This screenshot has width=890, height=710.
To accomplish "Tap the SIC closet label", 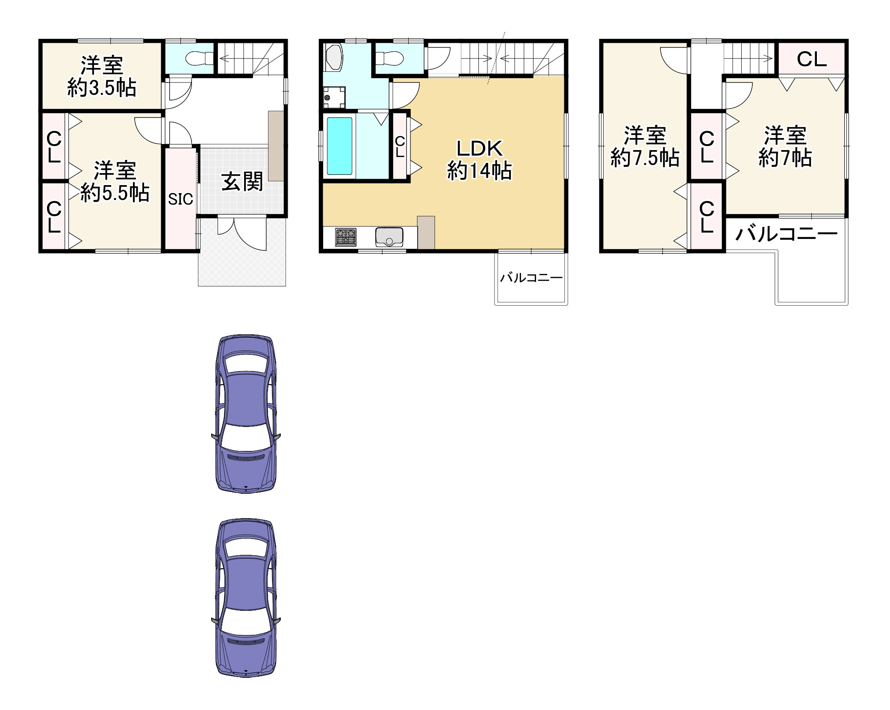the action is (x=180, y=199).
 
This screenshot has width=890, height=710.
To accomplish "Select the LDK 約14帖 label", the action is (x=479, y=160).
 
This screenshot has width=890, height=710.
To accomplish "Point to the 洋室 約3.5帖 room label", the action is (x=102, y=77).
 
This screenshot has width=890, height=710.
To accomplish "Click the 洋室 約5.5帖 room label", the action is (x=115, y=181).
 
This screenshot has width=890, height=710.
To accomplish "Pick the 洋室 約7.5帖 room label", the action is (x=645, y=147).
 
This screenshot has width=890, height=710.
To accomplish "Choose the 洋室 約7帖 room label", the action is (x=785, y=147).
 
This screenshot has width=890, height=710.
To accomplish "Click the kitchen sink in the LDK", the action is (x=389, y=237).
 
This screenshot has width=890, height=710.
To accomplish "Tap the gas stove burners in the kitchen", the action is (x=346, y=237).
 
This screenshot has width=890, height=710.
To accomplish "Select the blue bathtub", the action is (x=340, y=146).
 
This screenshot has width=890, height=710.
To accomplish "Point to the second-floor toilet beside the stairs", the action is (x=389, y=57).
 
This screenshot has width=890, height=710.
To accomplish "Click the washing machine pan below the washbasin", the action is (x=334, y=97).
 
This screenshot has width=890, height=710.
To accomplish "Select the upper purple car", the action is (x=246, y=414).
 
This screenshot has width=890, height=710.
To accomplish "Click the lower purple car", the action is (x=246, y=598).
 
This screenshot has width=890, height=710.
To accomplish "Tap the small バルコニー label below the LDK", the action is (x=531, y=278).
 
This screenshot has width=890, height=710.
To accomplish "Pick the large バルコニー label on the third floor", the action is (x=787, y=233).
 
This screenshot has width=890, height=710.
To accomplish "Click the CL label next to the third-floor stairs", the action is (x=811, y=59).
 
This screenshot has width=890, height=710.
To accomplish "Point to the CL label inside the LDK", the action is (x=400, y=147).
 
